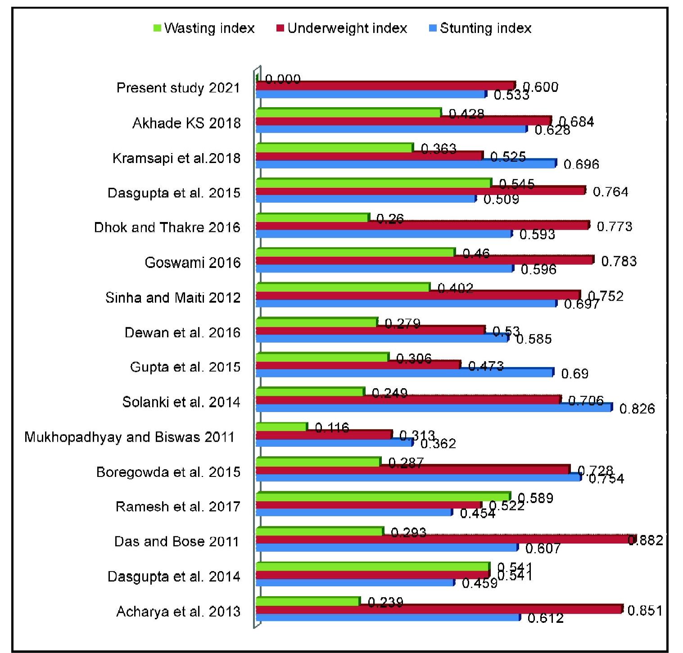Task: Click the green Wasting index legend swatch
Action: point(158,28)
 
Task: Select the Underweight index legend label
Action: point(347,28)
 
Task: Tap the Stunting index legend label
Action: point(485,28)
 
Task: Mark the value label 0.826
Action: point(637,409)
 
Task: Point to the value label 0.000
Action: point(283,80)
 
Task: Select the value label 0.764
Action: point(610,192)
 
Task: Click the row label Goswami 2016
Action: point(193,263)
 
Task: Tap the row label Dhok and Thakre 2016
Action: point(167,227)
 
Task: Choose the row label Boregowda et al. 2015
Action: point(168,472)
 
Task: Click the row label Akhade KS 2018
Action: point(186,123)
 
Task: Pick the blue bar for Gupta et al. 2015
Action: point(404,373)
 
